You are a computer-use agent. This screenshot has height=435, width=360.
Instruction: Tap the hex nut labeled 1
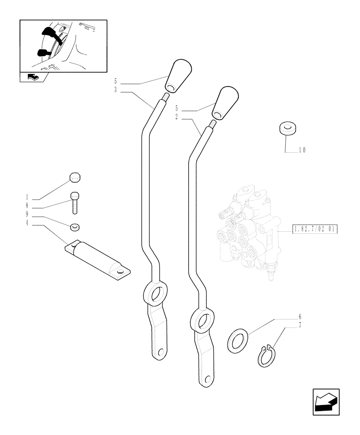(x=75, y=178)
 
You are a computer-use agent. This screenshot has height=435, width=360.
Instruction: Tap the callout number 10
(x=303, y=151)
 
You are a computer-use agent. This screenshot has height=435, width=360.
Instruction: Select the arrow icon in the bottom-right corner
(x=326, y=401)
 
